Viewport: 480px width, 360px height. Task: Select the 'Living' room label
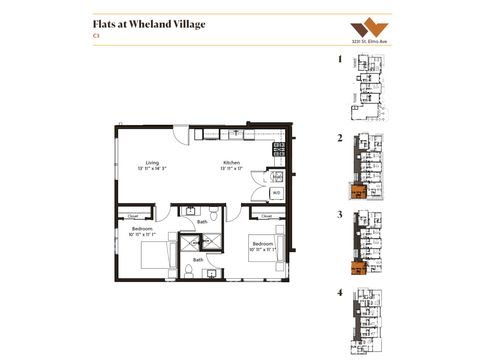153,162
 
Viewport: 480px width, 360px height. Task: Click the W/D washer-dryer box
276,191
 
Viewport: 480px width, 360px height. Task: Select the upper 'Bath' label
202,221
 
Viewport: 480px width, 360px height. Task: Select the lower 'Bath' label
198,259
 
